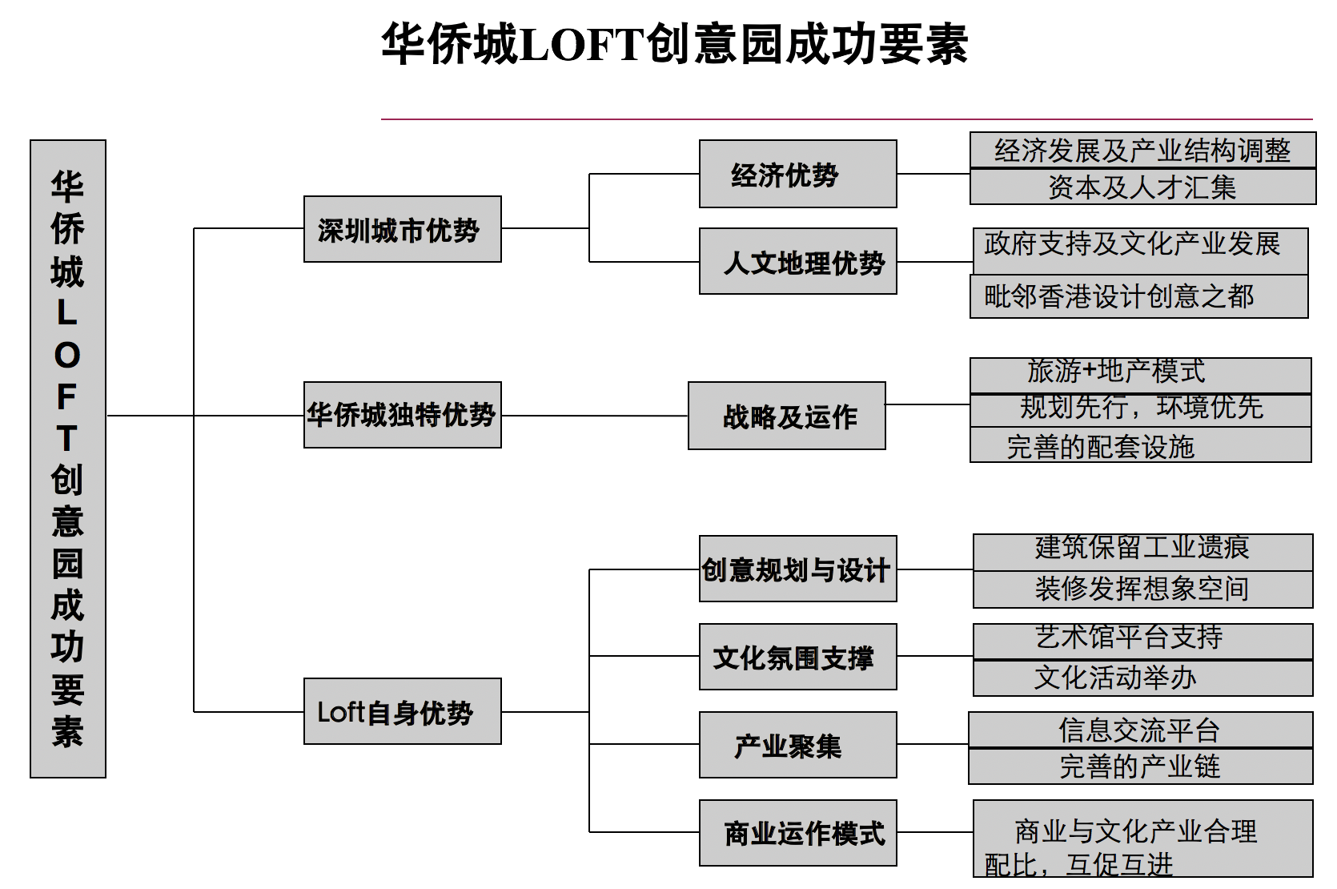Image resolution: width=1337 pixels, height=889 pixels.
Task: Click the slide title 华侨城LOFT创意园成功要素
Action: point(674,43)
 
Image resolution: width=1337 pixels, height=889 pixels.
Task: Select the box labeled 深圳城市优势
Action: point(402,229)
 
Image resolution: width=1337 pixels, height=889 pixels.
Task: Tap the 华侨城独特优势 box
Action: point(402,415)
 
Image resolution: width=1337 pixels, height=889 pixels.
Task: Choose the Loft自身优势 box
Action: point(402,711)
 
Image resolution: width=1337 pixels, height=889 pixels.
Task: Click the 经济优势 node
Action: point(798,174)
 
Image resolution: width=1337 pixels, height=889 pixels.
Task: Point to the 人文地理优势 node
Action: point(798,261)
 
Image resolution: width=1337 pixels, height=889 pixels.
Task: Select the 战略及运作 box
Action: point(787,416)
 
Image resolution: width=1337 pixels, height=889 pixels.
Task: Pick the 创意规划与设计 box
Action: point(798,569)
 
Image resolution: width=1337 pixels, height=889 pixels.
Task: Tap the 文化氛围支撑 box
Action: point(798,657)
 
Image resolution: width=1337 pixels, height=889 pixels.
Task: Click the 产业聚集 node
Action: point(798,745)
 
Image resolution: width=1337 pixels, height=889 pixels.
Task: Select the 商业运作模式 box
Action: point(798,833)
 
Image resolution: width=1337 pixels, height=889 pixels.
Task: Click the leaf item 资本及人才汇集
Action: point(1142,187)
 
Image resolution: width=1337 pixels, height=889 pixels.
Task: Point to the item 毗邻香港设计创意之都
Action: point(1138,296)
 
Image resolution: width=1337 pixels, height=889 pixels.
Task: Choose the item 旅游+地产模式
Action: point(1141,375)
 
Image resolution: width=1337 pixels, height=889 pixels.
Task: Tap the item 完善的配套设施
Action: point(1141,444)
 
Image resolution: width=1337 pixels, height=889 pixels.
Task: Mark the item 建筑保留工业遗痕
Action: point(1143,553)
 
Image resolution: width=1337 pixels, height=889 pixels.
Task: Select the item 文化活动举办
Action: point(1143,678)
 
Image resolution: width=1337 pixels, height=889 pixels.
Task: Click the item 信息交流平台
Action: point(1141,730)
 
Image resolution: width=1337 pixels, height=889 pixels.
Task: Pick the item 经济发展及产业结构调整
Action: point(1142,150)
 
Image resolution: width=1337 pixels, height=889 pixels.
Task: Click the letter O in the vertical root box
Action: point(67,356)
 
